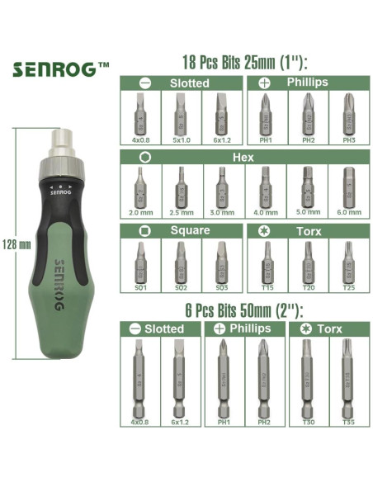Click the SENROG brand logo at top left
pos(60,69)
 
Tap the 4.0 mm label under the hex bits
pos(263,211)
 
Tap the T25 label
pos(347,287)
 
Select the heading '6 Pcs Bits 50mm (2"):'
pos(244,310)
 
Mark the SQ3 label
pos(220,287)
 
